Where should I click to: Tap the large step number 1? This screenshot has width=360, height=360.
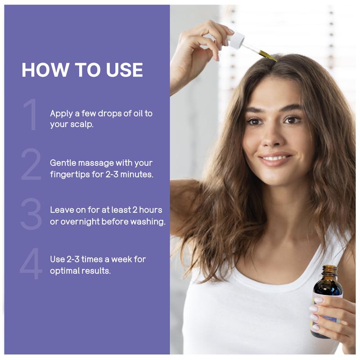coord(31,115)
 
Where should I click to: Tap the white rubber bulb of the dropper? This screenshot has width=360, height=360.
coord(236,40)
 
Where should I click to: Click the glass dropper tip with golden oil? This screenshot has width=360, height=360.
coord(265,54)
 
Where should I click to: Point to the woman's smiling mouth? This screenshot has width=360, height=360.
coord(275,159)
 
